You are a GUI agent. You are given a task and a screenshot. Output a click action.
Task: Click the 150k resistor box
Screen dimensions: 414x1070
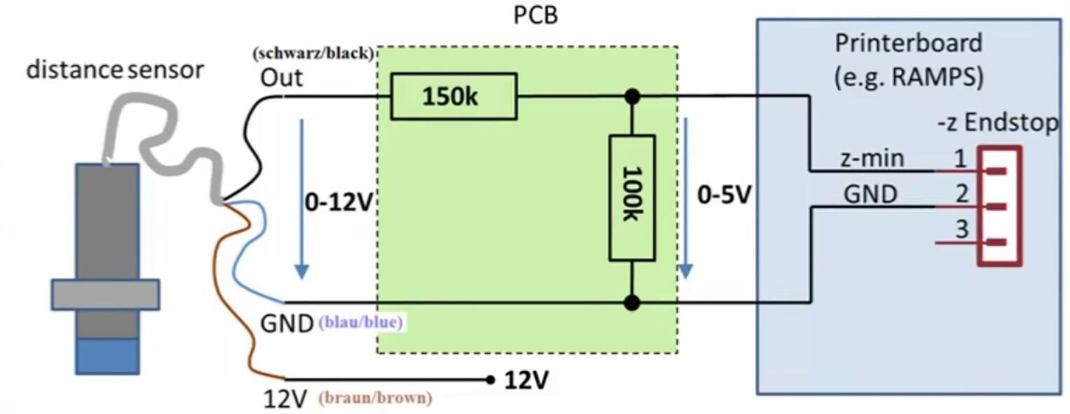click(x=453, y=96)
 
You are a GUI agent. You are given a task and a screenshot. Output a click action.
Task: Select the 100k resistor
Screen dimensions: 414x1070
click(x=632, y=198)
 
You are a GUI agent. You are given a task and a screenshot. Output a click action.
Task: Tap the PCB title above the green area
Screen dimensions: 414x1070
click(x=536, y=15)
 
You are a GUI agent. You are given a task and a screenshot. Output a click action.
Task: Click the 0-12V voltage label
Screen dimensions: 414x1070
click(x=338, y=202)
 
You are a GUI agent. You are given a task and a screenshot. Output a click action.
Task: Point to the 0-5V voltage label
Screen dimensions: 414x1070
click(x=724, y=194)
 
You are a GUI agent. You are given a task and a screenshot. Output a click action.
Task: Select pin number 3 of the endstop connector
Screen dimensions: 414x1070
click(x=961, y=229)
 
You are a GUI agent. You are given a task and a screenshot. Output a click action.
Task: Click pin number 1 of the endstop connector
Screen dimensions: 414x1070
click(x=961, y=159)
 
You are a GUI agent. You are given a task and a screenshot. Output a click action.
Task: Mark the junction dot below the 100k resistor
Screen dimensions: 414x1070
click(x=632, y=302)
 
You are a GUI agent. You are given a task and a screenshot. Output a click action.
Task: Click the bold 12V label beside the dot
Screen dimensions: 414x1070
click(x=527, y=380)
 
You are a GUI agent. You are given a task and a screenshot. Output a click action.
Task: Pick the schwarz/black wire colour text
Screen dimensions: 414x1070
click(x=313, y=54)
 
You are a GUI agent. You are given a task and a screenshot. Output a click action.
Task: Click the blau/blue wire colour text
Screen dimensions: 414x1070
click(x=362, y=323)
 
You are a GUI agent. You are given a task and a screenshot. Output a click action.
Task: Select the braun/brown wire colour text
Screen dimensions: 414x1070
click(x=375, y=398)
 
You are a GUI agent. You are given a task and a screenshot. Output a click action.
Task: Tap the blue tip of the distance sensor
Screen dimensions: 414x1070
click(x=107, y=355)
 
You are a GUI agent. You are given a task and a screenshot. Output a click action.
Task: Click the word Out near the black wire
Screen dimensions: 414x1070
click(x=282, y=77)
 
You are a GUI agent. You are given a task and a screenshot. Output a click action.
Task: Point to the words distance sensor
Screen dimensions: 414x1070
click(x=116, y=69)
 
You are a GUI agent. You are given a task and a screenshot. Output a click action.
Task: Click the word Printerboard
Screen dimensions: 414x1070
click(x=908, y=44)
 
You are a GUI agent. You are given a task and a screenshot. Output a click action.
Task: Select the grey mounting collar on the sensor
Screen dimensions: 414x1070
click(x=105, y=295)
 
